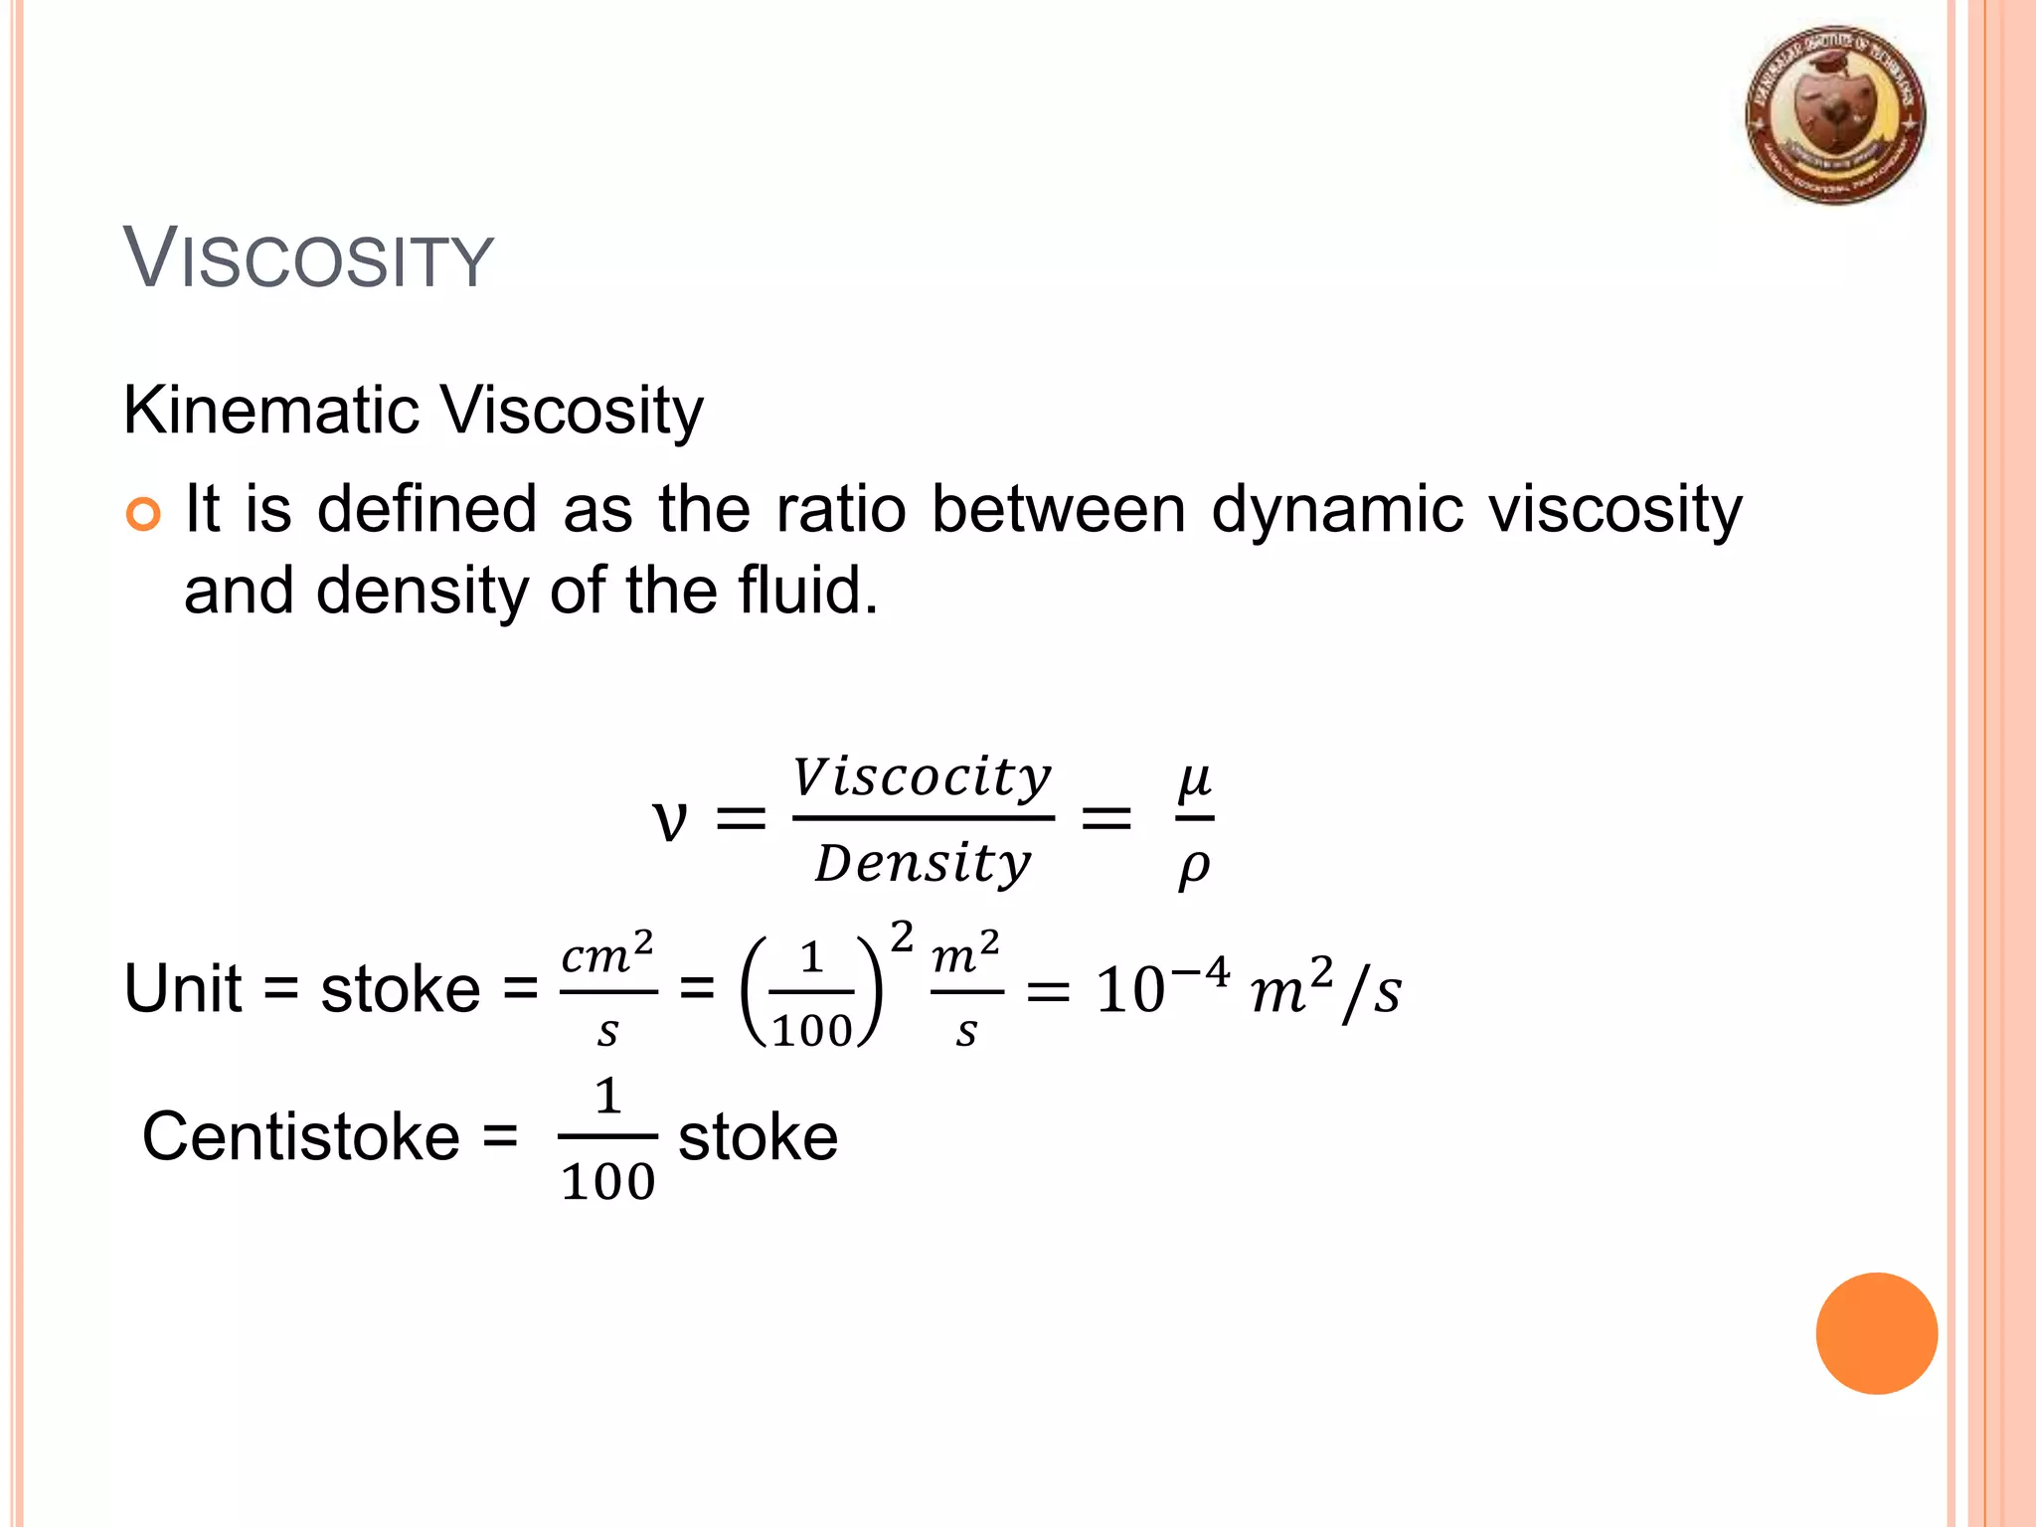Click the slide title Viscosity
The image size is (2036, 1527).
[x=308, y=258]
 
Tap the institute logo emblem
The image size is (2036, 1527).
[x=1835, y=115]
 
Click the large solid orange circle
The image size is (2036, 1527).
[x=1876, y=1333]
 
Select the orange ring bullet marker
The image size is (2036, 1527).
[x=143, y=514]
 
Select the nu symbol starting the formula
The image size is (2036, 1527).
[x=669, y=821]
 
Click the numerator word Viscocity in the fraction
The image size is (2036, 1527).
[x=922, y=776]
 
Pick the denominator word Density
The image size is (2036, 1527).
[x=923, y=863]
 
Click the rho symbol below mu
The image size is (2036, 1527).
[x=1194, y=867]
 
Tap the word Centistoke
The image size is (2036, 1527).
[x=301, y=1136]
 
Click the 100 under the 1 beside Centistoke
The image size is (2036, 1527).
[x=607, y=1182]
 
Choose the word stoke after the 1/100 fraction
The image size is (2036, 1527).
[x=758, y=1137]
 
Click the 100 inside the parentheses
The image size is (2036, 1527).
[x=811, y=1030]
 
